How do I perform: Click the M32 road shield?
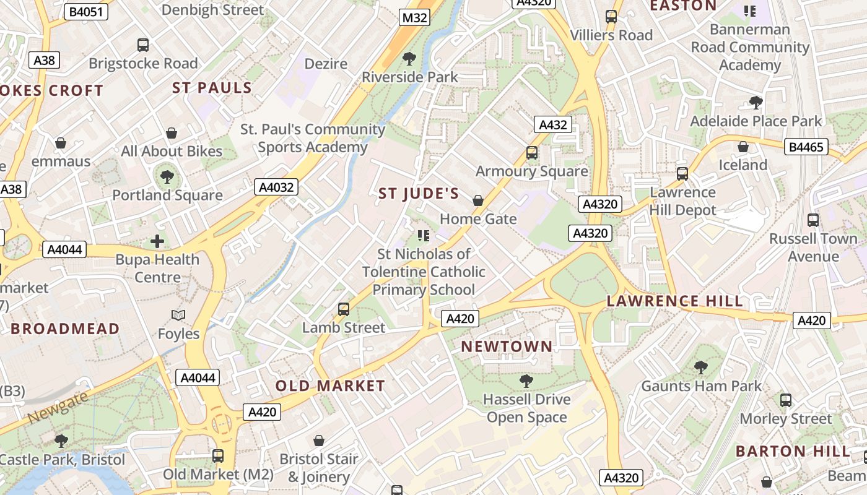414,17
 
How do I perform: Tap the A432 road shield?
552,125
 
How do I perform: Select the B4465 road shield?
806,147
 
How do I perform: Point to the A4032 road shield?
276,187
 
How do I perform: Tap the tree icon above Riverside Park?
409,59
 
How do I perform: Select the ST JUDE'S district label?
419,194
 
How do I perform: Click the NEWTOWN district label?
507,346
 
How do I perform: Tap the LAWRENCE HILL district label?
674,301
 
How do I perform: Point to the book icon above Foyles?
178,316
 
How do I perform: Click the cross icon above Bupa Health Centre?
157,241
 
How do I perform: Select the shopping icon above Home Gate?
478,200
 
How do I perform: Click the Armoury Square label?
531,171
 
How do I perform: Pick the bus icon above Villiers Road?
611,17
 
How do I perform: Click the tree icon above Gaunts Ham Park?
701,368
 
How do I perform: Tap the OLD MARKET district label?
330,386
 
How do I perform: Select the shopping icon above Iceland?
743,147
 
